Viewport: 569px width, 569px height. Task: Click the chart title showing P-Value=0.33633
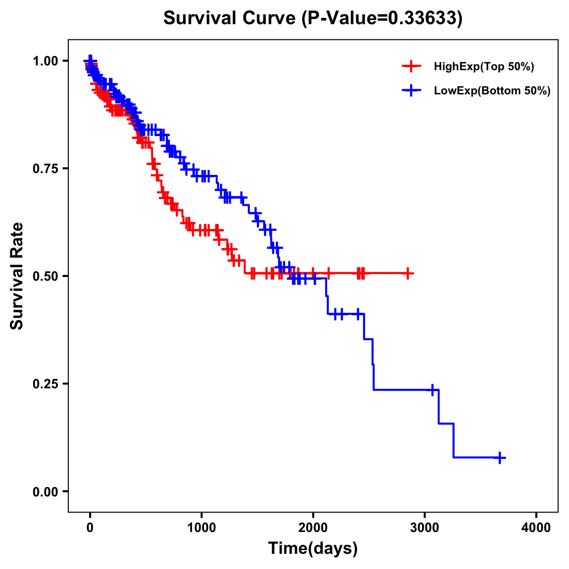pyautogui.click(x=312, y=18)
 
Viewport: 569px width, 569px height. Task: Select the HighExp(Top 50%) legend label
pyautogui.click(x=484, y=67)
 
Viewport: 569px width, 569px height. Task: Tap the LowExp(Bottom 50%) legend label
pyautogui.click(x=492, y=91)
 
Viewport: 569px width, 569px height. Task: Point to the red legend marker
pyautogui.click(x=411, y=67)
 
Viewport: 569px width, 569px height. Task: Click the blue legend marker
pyautogui.click(x=411, y=91)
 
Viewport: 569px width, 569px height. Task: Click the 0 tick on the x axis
pyautogui.click(x=90, y=528)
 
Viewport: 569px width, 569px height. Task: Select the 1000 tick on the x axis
pyautogui.click(x=202, y=528)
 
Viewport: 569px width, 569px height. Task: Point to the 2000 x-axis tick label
pyautogui.click(x=313, y=528)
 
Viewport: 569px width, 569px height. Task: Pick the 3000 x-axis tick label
pyautogui.click(x=425, y=528)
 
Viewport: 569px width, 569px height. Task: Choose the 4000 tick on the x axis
pyautogui.click(x=536, y=528)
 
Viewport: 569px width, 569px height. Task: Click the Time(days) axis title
pyautogui.click(x=313, y=549)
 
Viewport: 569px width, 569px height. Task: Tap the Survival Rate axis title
pyautogui.click(x=17, y=276)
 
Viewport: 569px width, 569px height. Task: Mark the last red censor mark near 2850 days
pyautogui.click(x=408, y=274)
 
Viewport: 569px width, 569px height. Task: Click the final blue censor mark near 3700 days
pyautogui.click(x=500, y=458)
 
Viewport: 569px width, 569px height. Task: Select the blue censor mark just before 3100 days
pyautogui.click(x=432, y=390)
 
